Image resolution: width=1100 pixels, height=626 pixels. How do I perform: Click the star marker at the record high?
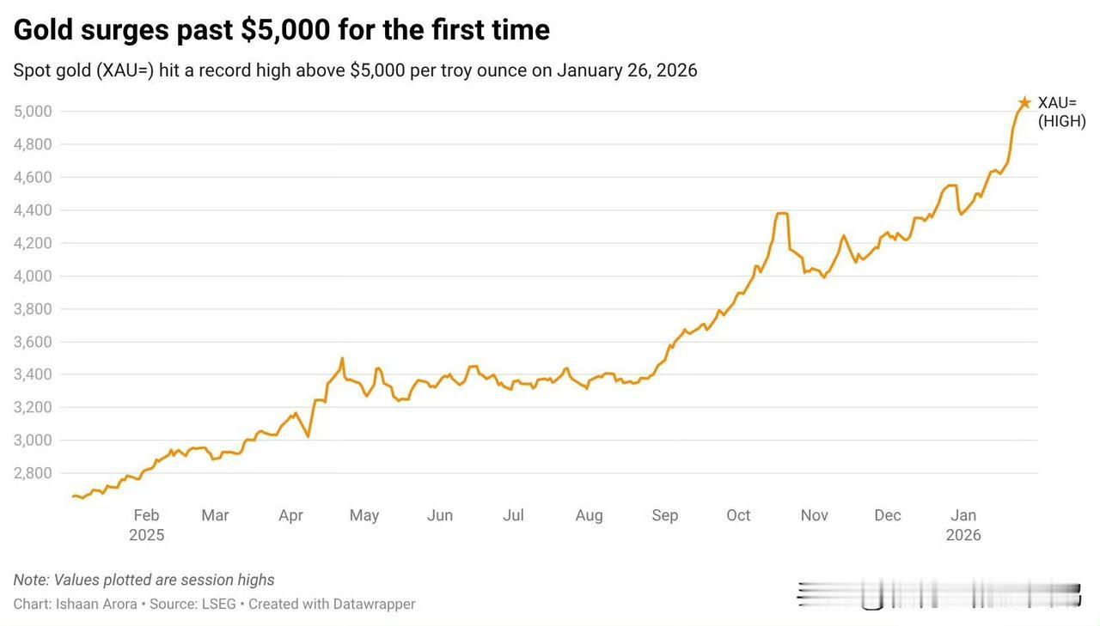(1024, 103)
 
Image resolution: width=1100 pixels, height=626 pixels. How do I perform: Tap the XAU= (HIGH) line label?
(1061, 112)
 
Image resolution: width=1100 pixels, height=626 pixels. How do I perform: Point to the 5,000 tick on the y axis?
(34, 112)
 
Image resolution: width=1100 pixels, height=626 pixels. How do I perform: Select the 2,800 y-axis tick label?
(34, 473)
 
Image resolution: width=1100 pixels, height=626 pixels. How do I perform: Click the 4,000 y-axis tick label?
(34, 276)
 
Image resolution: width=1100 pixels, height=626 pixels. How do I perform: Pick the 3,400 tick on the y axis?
(34, 374)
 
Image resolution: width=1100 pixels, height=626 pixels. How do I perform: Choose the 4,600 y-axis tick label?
(34, 178)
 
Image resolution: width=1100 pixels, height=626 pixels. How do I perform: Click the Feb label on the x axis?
(146, 515)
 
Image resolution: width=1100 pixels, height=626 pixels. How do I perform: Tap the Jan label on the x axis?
(963, 515)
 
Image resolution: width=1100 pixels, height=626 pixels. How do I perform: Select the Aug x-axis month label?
(589, 515)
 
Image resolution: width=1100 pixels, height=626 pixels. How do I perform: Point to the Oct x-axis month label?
(738, 515)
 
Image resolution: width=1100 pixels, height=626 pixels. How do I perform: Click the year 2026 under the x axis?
(963, 535)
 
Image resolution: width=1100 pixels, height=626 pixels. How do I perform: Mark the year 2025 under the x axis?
(146, 535)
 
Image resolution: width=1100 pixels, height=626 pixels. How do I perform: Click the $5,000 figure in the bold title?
(285, 30)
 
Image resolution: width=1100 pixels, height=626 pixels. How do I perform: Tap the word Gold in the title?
(43, 30)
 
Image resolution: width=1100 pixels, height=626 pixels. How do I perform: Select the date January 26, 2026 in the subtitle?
(626, 70)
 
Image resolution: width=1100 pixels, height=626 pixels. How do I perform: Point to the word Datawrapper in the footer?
(374, 604)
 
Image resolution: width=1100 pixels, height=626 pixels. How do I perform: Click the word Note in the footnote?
(30, 580)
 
